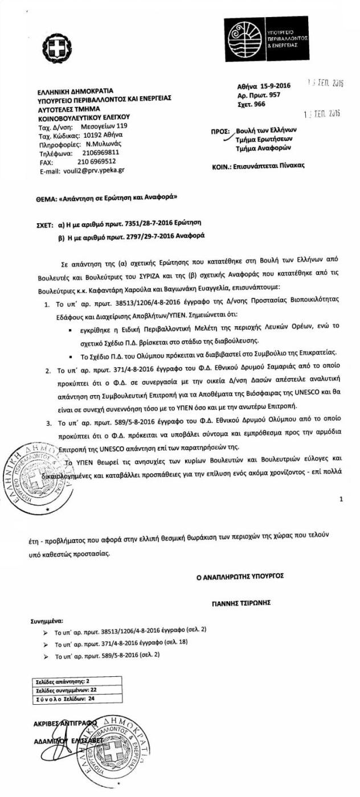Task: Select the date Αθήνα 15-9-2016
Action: coord(264,86)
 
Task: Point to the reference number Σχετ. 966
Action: coord(251,104)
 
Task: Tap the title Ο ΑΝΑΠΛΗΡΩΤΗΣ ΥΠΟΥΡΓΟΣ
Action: coord(240,576)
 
